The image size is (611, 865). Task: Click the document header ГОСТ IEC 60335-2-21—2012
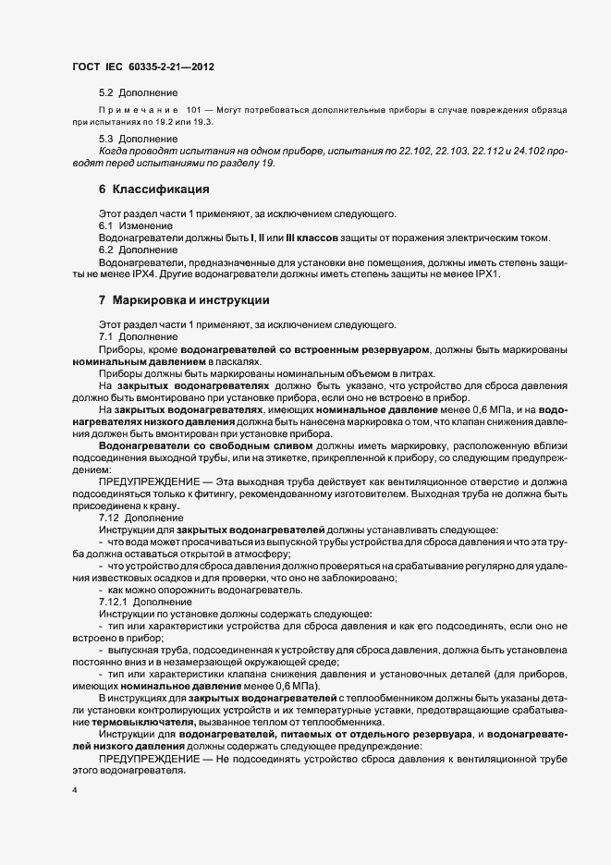(x=135, y=67)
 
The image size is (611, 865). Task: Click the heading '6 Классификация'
(x=153, y=189)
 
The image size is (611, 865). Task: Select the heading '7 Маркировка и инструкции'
(x=184, y=300)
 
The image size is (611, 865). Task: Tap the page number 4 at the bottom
(x=74, y=790)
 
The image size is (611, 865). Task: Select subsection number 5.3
(x=107, y=138)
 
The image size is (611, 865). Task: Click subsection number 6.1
(x=107, y=226)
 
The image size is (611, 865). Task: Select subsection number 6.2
(x=107, y=250)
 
